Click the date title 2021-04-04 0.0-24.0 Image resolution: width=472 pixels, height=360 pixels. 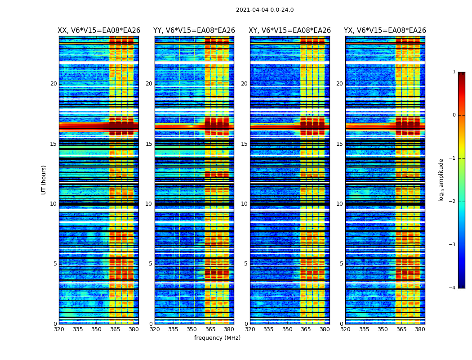pyautogui.click(x=265, y=10)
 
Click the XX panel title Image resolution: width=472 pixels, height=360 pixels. pyautogui.click(x=99, y=31)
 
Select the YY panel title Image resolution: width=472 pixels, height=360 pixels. pyautogui.click(x=194, y=31)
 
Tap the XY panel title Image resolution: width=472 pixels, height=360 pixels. pyautogui.click(x=289, y=31)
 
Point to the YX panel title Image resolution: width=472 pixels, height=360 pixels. pyautogui.click(x=385, y=31)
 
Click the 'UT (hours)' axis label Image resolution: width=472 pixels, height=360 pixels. pyautogui.click(x=44, y=180)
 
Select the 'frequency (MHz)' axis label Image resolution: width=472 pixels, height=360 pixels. pyautogui.click(x=217, y=338)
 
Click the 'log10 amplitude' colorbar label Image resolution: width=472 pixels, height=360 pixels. pyautogui.click(x=441, y=180)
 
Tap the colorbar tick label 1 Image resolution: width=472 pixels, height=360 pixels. pyautogui.click(x=454, y=72)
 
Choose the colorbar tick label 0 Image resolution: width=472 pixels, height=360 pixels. pyautogui.click(x=454, y=115)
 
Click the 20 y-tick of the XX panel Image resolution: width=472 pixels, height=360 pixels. pyautogui.click(x=53, y=84)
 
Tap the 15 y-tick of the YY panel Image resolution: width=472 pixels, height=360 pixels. pyautogui.click(x=149, y=144)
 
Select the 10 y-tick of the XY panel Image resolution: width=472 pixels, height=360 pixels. pyautogui.click(x=244, y=204)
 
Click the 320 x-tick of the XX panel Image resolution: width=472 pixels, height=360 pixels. pyautogui.click(x=59, y=329)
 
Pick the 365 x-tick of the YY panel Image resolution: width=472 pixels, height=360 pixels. pyautogui.click(x=210, y=329)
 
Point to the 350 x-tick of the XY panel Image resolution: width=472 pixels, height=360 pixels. pyautogui.click(x=287, y=329)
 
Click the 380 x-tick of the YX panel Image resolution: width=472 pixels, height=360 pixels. pyautogui.click(x=420, y=329)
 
